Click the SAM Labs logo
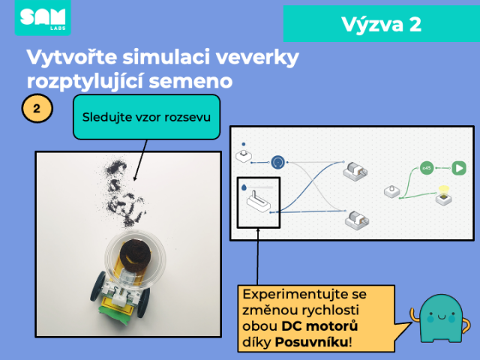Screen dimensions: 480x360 pyautogui.click(x=43, y=17)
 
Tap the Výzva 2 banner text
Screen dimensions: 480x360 pyautogui.click(x=382, y=24)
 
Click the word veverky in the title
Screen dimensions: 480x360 pyautogui.click(x=257, y=57)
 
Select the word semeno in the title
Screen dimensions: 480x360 pyautogui.click(x=190, y=81)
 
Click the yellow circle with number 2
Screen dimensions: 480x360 pyautogui.click(x=37, y=108)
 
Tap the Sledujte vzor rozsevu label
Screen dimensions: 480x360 pyautogui.click(x=146, y=117)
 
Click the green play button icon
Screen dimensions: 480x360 pyautogui.click(x=459, y=168)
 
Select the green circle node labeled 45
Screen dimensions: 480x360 pyautogui.click(x=427, y=168)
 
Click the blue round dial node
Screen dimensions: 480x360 pyautogui.click(x=278, y=162)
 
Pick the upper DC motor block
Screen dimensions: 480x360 pyautogui.click(x=355, y=172)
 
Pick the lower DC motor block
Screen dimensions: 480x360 pyautogui.click(x=357, y=220)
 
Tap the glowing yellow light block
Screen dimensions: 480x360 pyautogui.click(x=444, y=196)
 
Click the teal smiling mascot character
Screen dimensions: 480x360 pyautogui.click(x=440, y=318)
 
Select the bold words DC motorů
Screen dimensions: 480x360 pyautogui.click(x=319, y=326)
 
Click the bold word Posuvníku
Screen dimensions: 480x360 pyautogui.click(x=311, y=342)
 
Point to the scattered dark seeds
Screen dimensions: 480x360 pyautogui.click(x=124, y=193)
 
